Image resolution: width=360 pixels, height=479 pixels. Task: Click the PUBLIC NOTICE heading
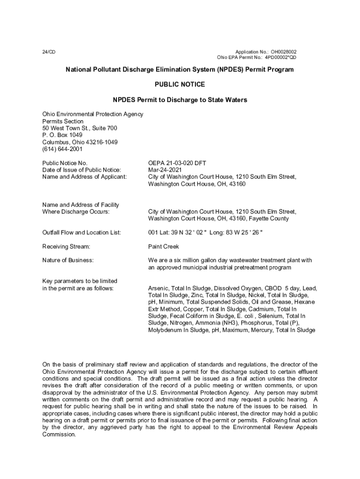[x=180, y=85]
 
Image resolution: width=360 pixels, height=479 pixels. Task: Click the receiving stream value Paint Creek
[x=164, y=247]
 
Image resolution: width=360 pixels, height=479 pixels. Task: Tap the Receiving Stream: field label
[x=66, y=247]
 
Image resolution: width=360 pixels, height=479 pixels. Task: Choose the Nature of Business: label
[x=68, y=260]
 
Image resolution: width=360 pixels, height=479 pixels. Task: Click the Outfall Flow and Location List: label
[x=82, y=232]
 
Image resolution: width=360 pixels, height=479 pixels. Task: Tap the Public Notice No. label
[x=65, y=163]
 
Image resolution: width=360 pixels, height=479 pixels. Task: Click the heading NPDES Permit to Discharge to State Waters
[x=180, y=100]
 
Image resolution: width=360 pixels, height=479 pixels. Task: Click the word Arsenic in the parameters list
[x=158, y=288]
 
